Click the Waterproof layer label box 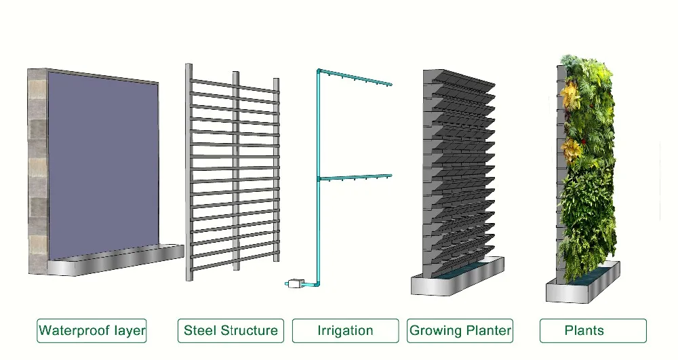click(x=92, y=331)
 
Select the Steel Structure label click(x=231, y=331)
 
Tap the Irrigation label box click(x=345, y=331)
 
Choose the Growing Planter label click(x=460, y=331)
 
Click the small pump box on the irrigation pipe click(x=295, y=283)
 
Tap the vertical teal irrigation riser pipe click(x=318, y=203)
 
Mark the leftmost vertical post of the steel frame click(x=188, y=169)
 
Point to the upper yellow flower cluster click(x=572, y=95)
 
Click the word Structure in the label click(x=248, y=331)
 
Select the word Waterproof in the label click(x=74, y=331)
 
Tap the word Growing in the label click(x=435, y=331)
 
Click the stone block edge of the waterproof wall click(x=37, y=169)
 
